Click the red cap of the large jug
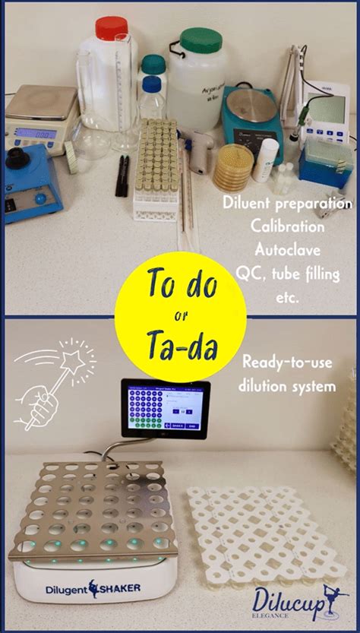tap(111, 28)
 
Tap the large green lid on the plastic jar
tap(201, 40)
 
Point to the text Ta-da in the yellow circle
tap(180, 347)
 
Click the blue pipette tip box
tap(326, 163)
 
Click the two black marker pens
tap(122, 176)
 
